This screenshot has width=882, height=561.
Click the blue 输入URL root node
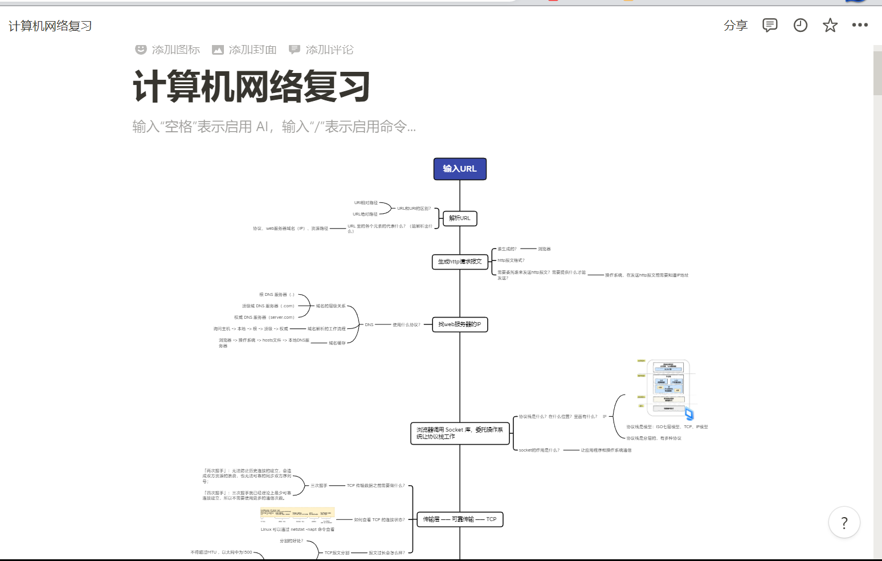[460, 169]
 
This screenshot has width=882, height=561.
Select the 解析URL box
[460, 218]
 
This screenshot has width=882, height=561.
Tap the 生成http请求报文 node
[460, 262]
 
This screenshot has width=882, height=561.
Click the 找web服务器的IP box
[460, 324]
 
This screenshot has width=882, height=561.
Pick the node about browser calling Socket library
[460, 433]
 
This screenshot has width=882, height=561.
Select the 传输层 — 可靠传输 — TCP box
[460, 519]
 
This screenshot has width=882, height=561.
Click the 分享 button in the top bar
[736, 26]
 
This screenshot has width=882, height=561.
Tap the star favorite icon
[830, 26]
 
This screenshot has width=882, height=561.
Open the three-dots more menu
[860, 25]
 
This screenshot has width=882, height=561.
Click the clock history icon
[801, 26]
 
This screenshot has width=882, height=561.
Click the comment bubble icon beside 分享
[770, 26]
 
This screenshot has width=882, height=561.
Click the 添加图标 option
[168, 50]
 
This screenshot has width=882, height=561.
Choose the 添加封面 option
[244, 50]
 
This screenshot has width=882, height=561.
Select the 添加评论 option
[321, 50]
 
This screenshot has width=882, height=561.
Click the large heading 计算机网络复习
[251, 87]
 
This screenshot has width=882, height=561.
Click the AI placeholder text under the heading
[274, 127]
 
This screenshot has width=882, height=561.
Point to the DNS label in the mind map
[369, 325]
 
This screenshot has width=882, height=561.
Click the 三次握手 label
[319, 486]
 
